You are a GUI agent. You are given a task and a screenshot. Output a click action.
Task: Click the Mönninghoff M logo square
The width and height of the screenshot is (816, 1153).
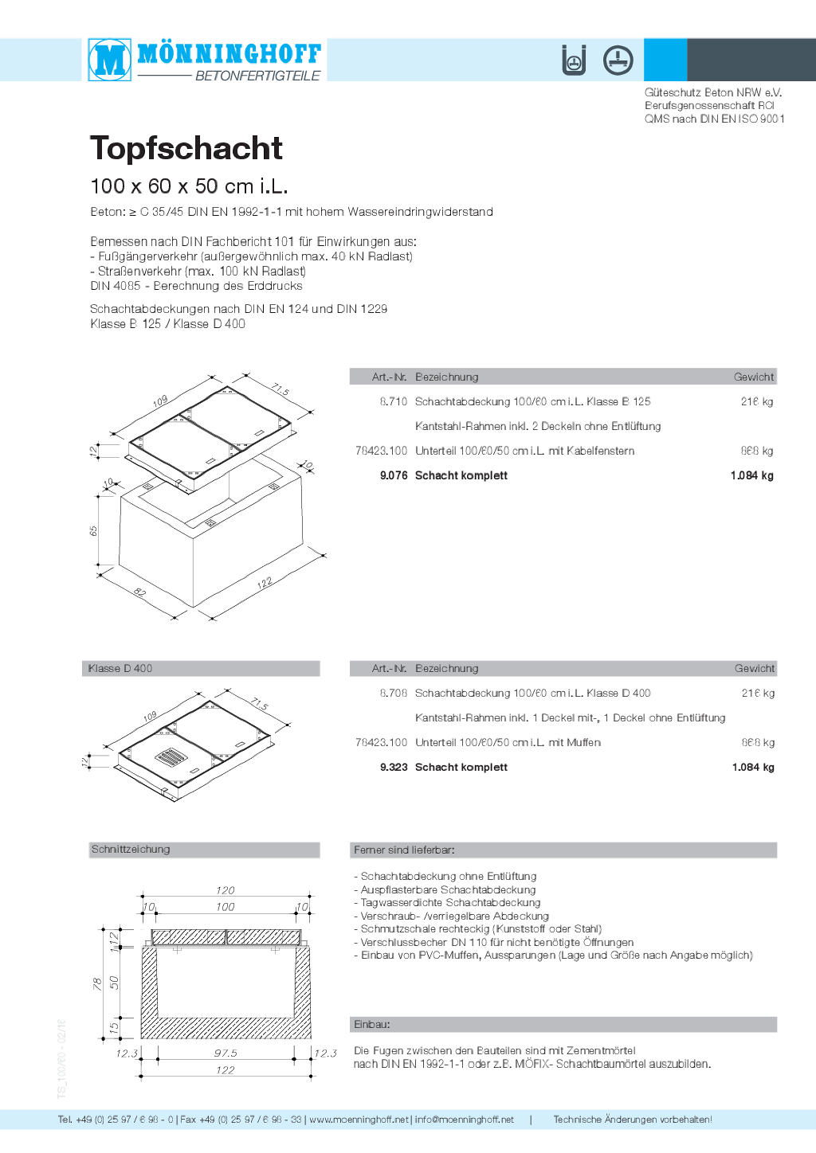click(x=110, y=60)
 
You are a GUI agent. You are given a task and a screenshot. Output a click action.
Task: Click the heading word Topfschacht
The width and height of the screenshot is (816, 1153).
click(x=186, y=148)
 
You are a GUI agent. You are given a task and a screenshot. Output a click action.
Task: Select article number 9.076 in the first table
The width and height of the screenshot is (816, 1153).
click(x=394, y=475)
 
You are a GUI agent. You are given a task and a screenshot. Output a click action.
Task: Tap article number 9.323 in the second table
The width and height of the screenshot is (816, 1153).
click(x=394, y=767)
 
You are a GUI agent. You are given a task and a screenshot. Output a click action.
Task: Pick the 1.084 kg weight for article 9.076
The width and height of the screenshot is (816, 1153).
click(x=751, y=475)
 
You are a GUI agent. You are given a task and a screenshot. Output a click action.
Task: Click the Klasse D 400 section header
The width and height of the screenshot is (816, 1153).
click(x=120, y=669)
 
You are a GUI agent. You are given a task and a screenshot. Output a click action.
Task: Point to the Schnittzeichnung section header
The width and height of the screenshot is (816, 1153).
click(x=131, y=850)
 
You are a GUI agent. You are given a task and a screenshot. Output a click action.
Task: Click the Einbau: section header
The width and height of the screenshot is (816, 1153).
click(x=372, y=1024)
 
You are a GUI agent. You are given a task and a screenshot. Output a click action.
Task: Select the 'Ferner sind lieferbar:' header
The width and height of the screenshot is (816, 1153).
click(x=404, y=850)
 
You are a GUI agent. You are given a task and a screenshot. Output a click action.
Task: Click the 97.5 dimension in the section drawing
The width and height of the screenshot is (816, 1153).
click(x=226, y=1053)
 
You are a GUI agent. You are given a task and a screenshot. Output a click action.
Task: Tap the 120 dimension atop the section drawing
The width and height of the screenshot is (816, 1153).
click(x=226, y=890)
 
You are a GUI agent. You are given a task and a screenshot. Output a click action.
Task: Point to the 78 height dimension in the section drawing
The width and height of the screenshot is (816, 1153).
click(x=97, y=983)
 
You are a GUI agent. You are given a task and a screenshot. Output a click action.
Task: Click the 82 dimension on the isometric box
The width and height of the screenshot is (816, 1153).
click(x=140, y=592)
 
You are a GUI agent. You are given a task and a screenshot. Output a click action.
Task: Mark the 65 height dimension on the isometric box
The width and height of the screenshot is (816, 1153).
click(x=93, y=530)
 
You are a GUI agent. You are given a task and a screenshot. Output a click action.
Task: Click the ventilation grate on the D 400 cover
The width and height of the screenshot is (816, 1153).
click(x=171, y=756)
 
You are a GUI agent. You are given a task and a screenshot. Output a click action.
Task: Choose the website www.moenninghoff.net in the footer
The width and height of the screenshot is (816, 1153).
click(x=359, y=1120)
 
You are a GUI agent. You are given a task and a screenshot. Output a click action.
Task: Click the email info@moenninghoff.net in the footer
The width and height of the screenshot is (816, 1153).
click(x=464, y=1120)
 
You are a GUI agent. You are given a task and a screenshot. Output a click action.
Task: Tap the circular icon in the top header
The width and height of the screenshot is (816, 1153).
click(x=618, y=61)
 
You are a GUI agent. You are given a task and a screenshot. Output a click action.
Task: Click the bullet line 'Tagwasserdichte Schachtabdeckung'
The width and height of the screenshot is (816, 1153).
click(x=450, y=903)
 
